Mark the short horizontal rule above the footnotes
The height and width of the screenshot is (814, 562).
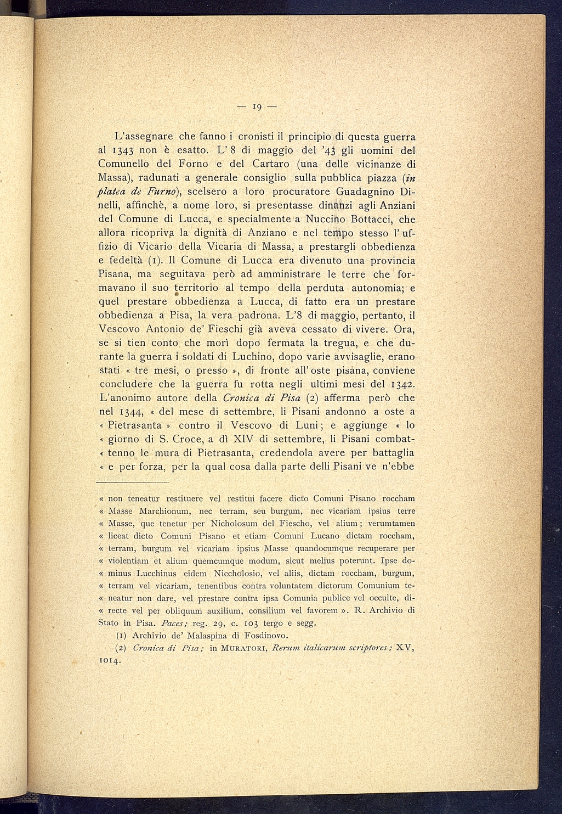(x=133, y=482)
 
